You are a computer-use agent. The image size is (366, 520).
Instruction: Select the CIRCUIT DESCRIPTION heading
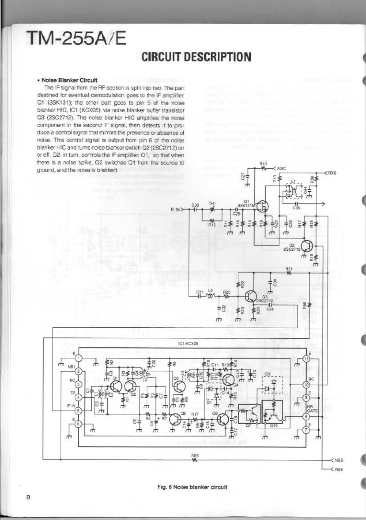(197, 57)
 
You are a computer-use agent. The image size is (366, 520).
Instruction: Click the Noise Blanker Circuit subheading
(69, 80)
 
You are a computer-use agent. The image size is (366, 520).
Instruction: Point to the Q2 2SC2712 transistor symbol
(307, 246)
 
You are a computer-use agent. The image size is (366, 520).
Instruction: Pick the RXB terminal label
(331, 172)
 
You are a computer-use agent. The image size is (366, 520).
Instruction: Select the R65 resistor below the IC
(195, 460)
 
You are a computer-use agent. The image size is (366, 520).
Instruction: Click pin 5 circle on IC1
(79, 410)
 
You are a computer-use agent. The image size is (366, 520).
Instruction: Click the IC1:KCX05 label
(188, 344)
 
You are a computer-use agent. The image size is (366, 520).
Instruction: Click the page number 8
(28, 498)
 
